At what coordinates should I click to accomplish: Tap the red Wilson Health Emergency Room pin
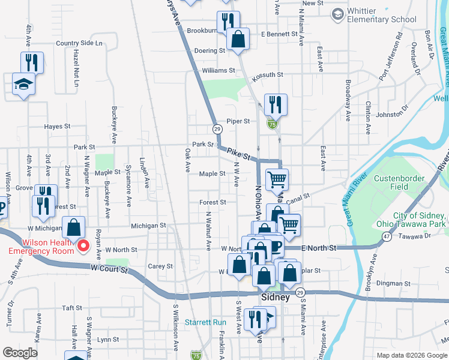click(x=83, y=245)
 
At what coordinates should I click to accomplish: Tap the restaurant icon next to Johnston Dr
click(x=276, y=104)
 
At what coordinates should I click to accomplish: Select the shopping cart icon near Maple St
click(x=277, y=179)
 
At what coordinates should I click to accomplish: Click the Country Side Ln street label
click(x=79, y=43)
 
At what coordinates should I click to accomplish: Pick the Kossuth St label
click(x=267, y=74)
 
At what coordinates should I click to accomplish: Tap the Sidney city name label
click(x=276, y=298)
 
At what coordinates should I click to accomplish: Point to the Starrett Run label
click(x=205, y=322)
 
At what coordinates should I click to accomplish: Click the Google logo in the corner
click(x=20, y=353)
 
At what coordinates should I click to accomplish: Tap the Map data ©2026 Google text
click(x=411, y=355)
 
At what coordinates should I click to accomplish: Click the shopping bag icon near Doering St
click(x=238, y=40)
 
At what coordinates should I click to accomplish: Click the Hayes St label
click(x=58, y=127)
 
